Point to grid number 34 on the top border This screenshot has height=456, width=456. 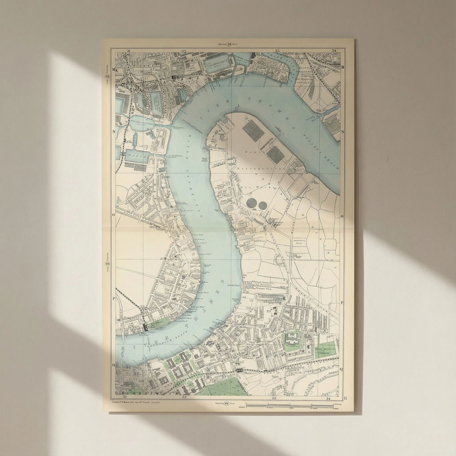[x=334, y=51]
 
